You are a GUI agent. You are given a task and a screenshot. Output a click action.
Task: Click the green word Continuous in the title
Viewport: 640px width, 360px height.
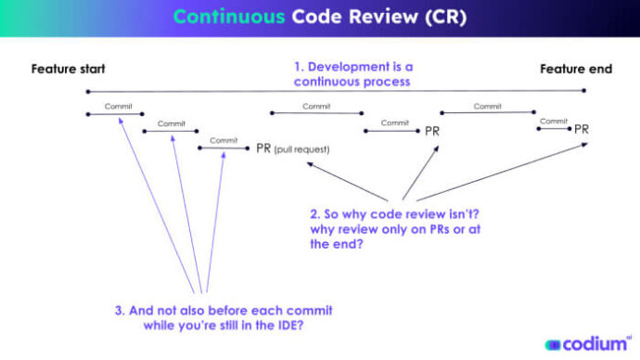click(229, 18)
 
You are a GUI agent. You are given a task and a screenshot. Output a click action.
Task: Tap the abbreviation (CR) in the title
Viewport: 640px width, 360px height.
click(445, 18)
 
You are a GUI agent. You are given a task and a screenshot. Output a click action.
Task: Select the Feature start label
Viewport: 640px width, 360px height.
click(68, 69)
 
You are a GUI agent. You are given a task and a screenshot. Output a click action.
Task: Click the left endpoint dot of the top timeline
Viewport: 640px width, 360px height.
click(87, 91)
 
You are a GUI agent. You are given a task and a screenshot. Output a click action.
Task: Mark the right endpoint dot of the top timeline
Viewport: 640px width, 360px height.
click(584, 91)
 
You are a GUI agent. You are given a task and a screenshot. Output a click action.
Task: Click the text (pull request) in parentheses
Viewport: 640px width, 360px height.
click(301, 148)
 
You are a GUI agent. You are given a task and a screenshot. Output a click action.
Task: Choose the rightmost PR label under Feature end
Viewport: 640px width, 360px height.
click(581, 129)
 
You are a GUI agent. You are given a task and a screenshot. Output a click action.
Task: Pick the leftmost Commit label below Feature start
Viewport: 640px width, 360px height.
click(118, 106)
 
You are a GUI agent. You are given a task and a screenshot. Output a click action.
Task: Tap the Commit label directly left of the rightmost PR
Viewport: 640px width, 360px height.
click(553, 121)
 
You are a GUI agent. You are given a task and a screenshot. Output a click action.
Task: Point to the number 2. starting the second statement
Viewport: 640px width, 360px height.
click(315, 213)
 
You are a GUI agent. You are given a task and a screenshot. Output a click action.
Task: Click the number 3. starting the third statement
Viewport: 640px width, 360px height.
click(120, 310)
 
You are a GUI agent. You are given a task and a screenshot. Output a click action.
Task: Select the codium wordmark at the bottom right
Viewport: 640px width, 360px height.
click(594, 343)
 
